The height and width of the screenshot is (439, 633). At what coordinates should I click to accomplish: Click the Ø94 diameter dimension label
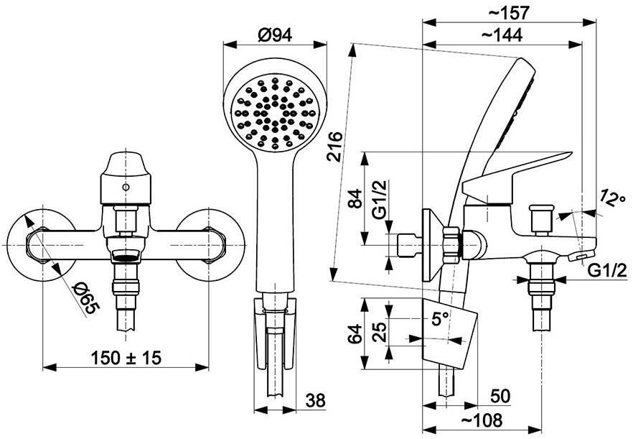pyautogui.click(x=274, y=36)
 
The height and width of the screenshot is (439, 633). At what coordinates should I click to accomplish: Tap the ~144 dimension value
pyautogui.click(x=502, y=35)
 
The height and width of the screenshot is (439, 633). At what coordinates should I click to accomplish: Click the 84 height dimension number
pyautogui.click(x=356, y=198)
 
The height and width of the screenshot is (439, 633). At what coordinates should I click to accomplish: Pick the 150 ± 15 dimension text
pyautogui.click(x=126, y=357)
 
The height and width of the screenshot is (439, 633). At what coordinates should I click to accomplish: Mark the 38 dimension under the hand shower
pyautogui.click(x=315, y=401)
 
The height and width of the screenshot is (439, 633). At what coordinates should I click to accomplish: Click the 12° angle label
pyautogui.click(x=612, y=198)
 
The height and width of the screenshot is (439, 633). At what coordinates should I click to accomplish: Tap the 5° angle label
pyautogui.click(x=440, y=319)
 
